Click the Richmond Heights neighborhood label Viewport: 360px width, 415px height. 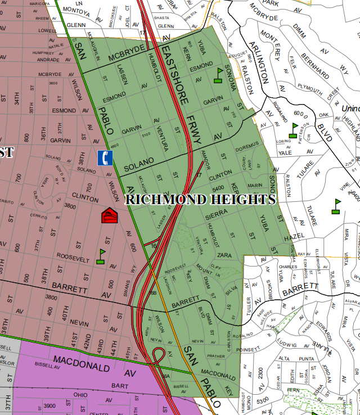coord(200,199)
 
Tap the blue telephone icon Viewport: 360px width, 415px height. coord(104,157)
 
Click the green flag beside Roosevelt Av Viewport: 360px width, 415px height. coord(101,256)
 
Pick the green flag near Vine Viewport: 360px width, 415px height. coord(337,205)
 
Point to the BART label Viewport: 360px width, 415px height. coord(119,386)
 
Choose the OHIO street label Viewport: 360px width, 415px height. coord(82,395)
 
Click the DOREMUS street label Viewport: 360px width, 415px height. coord(246,146)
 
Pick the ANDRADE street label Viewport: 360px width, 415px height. coord(47,60)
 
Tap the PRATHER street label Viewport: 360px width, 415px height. coord(215,355)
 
